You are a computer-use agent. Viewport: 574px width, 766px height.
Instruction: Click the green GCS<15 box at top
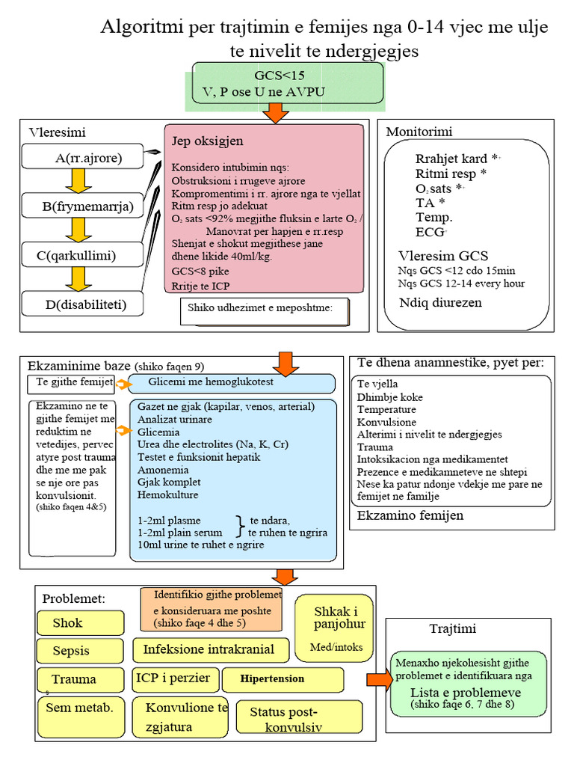pyautogui.click(x=288, y=83)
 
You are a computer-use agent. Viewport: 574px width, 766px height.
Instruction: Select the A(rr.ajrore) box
pyautogui.click(x=82, y=158)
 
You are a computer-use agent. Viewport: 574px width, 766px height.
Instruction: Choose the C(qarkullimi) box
pyautogui.click(x=82, y=256)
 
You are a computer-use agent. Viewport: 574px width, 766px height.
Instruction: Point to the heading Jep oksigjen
pyautogui.click(x=208, y=141)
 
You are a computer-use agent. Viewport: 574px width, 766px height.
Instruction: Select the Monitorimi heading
pyautogui.click(x=419, y=132)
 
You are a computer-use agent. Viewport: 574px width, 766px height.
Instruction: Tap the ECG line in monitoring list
pyautogui.click(x=430, y=232)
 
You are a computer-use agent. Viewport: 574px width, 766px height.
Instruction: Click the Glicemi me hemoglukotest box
pyautogui.click(x=232, y=383)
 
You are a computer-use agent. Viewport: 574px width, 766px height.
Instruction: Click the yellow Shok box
pyautogui.click(x=80, y=623)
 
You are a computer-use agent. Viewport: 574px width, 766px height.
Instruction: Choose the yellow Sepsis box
pyautogui.click(x=80, y=651)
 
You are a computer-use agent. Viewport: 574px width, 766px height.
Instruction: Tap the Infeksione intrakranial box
pyautogui.click(x=209, y=649)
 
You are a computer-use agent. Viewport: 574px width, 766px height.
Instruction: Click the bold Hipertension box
pyautogui.click(x=283, y=679)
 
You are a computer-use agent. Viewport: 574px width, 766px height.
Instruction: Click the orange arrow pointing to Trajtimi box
pyautogui.click(x=379, y=679)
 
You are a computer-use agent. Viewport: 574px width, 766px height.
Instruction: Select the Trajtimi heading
pyautogui.click(x=452, y=629)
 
